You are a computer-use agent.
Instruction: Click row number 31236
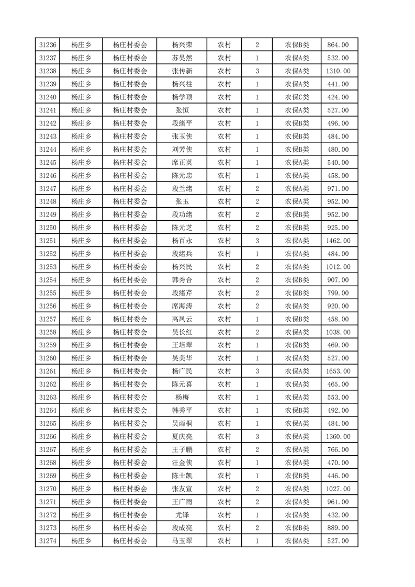pos(48,45)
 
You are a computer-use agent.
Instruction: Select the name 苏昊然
pos(182,58)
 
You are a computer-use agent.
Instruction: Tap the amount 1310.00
pos(338,71)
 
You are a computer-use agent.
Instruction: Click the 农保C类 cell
pos(297,97)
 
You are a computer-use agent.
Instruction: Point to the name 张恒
pos(182,110)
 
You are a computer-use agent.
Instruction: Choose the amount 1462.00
pos(338,241)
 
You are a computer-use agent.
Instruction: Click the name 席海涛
pos(182,306)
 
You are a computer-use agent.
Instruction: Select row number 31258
pos(48,332)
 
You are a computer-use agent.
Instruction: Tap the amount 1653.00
pos(338,371)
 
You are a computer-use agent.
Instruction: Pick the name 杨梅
pos(182,398)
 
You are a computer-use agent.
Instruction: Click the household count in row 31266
pos(257,437)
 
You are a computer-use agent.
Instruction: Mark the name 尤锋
pos(182,515)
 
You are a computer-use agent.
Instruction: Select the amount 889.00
pos(338,528)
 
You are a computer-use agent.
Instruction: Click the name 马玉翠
pos(182,541)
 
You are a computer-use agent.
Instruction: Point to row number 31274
pos(48,541)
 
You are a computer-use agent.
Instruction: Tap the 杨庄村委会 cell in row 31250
pos(130,228)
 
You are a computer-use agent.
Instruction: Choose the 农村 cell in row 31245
pos(225,163)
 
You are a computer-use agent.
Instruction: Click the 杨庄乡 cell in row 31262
pos(81,385)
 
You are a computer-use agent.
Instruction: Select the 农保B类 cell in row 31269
pos(297,476)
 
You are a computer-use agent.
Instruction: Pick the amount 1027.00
pos(338,489)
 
